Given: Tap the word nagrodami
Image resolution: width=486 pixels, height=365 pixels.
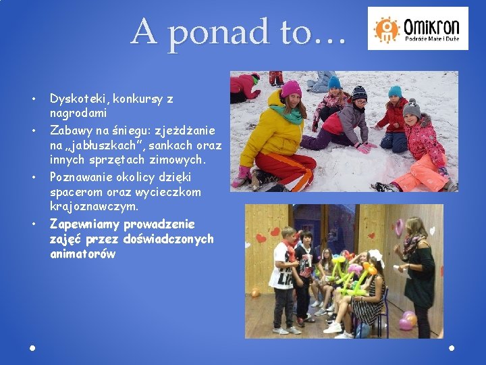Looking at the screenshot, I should click(77, 114).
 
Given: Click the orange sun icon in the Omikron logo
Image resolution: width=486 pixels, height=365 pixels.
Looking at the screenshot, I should click(387, 29).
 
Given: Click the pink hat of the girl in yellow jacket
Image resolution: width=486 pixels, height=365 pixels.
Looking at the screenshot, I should click(291, 89).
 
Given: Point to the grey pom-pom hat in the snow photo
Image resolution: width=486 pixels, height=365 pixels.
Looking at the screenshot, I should click(411, 107).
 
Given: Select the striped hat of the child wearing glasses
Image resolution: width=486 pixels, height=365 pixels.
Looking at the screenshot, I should click(360, 93).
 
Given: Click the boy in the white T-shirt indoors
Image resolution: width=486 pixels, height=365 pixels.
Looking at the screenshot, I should click(283, 281).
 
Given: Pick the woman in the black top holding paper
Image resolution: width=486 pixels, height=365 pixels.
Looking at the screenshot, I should click(418, 270).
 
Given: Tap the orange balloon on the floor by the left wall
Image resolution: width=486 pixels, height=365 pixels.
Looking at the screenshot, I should click(255, 293).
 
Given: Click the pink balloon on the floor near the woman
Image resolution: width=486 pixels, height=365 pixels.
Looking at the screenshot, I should click(407, 320).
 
